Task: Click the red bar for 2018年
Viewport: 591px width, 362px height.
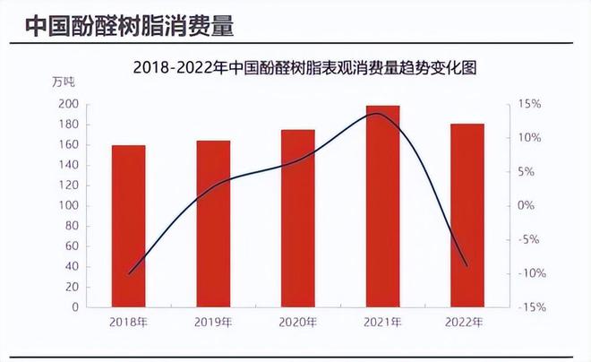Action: [x=128, y=226]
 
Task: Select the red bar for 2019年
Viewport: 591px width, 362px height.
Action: [x=213, y=224]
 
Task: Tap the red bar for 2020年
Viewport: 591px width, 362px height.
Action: [x=297, y=219]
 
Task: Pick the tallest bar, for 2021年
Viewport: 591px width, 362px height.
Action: [x=382, y=206]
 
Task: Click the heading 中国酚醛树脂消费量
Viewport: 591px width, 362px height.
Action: [x=129, y=26]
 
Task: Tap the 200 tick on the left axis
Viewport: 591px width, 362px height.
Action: [x=68, y=104]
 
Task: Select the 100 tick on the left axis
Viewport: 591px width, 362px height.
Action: [x=68, y=205]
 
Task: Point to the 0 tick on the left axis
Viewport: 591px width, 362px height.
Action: [x=74, y=307]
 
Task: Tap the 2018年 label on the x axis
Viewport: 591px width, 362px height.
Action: [x=128, y=322]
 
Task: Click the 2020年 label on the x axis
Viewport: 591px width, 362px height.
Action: [x=297, y=322]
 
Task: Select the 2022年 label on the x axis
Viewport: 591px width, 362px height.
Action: [x=467, y=322]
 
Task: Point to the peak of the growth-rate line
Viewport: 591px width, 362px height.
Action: [x=379, y=113]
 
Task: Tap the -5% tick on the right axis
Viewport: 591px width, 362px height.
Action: [x=529, y=239]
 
